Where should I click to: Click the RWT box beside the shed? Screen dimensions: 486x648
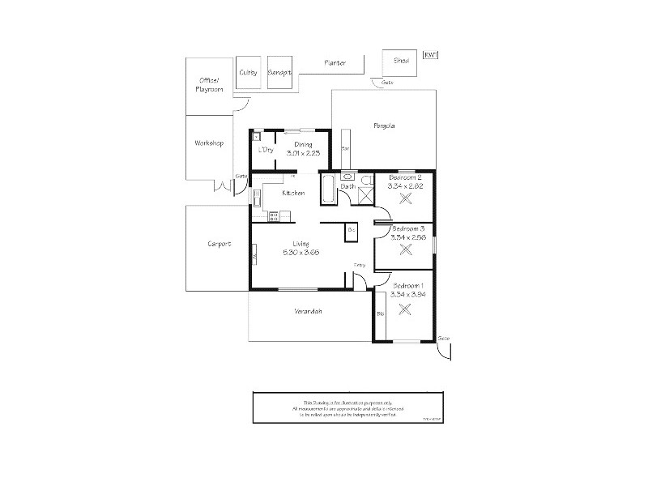[431, 56]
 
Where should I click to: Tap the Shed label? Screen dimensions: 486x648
[401, 61]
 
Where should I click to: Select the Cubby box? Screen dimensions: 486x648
[248, 73]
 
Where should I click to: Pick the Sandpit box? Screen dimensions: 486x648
[279, 73]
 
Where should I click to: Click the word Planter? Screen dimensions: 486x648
[335, 62]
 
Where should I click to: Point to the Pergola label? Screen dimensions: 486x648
[383, 126]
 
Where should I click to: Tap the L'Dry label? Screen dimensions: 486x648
[264, 151]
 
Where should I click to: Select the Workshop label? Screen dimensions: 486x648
[208, 143]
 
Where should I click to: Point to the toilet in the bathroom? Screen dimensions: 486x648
[367, 179]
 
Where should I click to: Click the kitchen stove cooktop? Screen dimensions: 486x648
[274, 215]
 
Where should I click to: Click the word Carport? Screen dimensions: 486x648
[219, 243]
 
